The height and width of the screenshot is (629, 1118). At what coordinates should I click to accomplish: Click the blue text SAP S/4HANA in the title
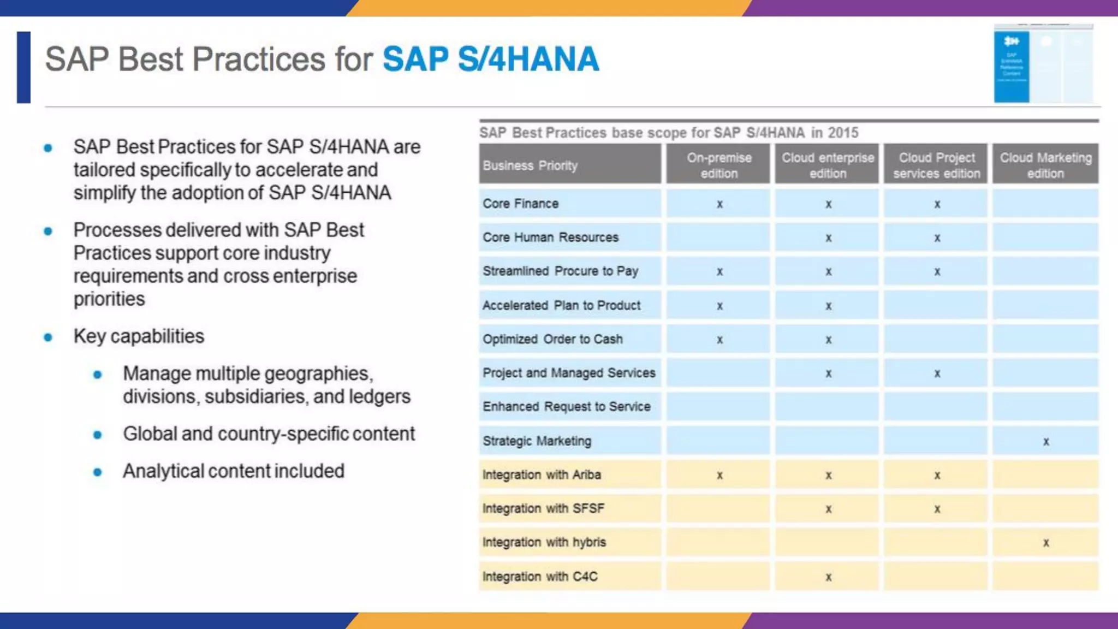pyautogui.click(x=490, y=59)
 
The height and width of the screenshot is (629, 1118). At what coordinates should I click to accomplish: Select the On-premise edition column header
pyautogui.click(x=718, y=165)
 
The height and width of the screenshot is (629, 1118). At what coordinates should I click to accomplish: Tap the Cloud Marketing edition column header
pyautogui.click(x=1045, y=165)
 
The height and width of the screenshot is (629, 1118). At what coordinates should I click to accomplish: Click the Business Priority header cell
pyautogui.click(x=530, y=165)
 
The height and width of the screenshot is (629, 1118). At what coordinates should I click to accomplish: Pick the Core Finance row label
pyautogui.click(x=520, y=204)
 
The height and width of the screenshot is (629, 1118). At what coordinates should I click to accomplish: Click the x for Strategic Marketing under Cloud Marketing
pyautogui.click(x=1046, y=441)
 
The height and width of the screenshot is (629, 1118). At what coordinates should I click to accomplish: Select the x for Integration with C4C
pyautogui.click(x=828, y=577)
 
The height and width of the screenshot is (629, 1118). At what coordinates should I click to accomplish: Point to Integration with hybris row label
pyautogui.click(x=544, y=542)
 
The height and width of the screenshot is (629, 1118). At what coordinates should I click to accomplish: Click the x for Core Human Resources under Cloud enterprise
pyautogui.click(x=828, y=238)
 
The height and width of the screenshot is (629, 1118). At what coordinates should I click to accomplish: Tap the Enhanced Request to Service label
pyautogui.click(x=566, y=407)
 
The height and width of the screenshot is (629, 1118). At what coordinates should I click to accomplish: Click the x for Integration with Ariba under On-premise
pyautogui.click(x=719, y=475)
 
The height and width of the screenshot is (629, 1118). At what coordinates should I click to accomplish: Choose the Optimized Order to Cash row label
pyautogui.click(x=552, y=339)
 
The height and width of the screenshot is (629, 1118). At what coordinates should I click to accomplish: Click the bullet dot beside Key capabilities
pyautogui.click(x=48, y=337)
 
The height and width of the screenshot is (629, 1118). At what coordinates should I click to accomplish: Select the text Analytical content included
pyautogui.click(x=233, y=471)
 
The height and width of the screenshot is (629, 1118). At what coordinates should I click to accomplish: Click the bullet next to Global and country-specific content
pyautogui.click(x=98, y=435)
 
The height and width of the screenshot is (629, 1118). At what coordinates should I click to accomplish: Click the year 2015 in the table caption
pyautogui.click(x=843, y=133)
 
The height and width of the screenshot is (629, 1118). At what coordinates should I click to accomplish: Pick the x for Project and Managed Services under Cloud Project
pyautogui.click(x=937, y=373)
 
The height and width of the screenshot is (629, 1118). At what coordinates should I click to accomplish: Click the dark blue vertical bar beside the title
pyautogui.click(x=23, y=67)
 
